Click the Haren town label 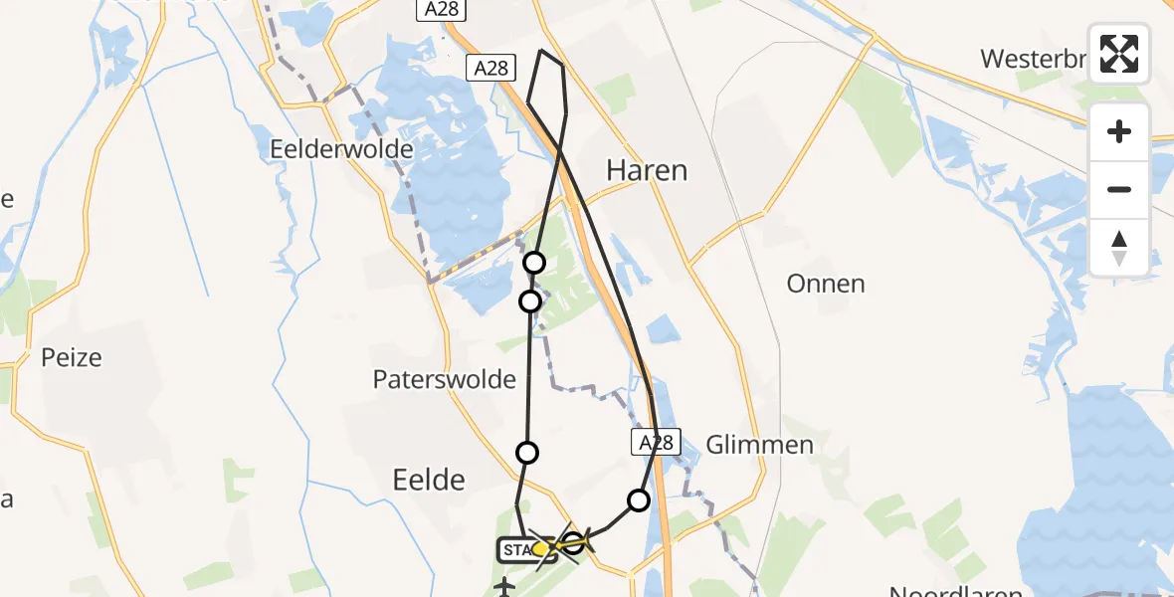647,170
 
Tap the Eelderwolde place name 341,149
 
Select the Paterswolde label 445,379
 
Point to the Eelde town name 429,480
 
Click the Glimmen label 759,444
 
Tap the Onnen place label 825,284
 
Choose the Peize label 72,356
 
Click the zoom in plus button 1119,131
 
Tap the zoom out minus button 1119,189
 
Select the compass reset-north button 1119,248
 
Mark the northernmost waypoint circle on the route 534,263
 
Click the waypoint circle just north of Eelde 527,453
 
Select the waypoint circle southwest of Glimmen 639,499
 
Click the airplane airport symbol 504,587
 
